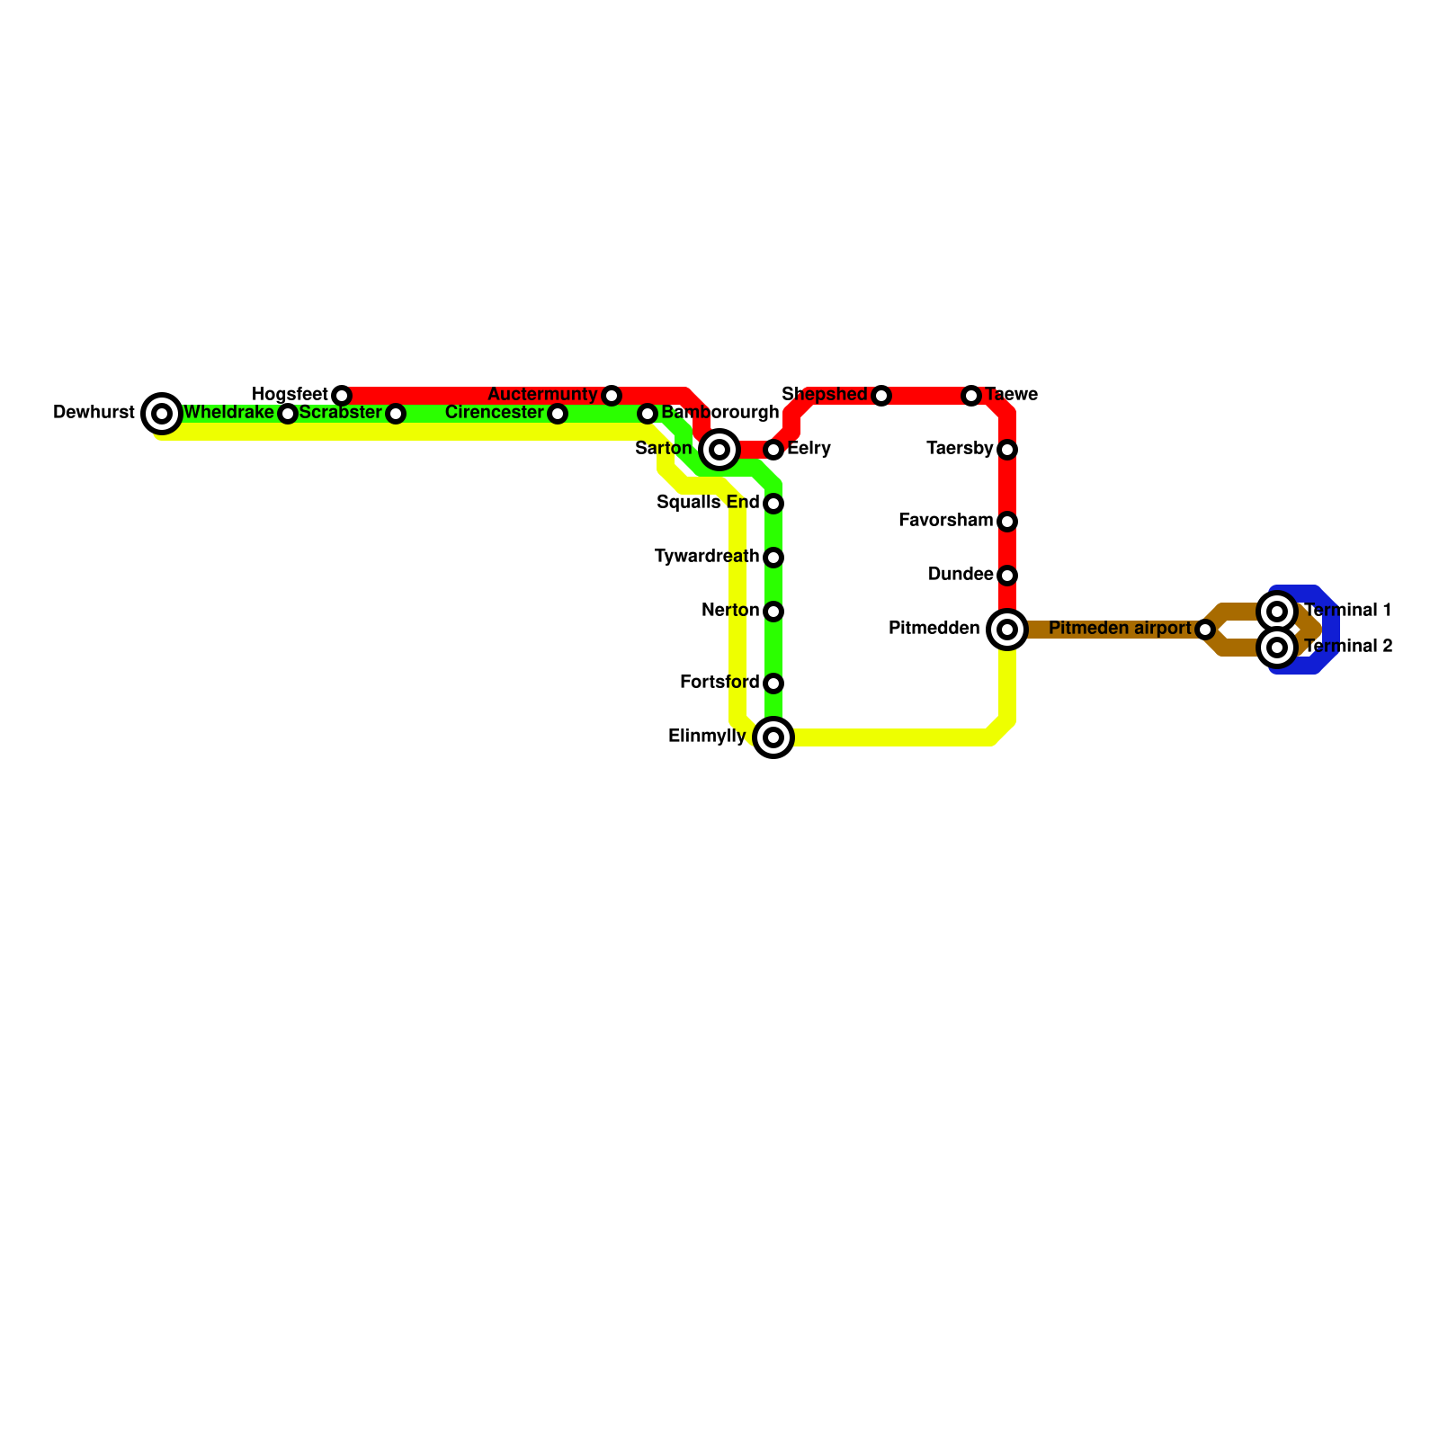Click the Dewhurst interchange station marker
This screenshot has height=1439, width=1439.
(162, 414)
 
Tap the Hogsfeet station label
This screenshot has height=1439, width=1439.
(290, 395)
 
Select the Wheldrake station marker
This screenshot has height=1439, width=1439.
(288, 414)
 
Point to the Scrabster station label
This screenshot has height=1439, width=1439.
(340, 413)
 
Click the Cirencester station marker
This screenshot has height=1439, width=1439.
(558, 414)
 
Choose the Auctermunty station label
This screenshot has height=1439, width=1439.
(542, 395)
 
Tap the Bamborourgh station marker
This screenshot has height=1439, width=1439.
(648, 414)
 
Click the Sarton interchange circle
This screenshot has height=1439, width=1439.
(719, 450)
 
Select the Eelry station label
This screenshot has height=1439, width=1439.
(809, 449)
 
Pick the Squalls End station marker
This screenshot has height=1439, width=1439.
(773, 504)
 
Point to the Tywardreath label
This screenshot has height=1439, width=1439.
(707, 557)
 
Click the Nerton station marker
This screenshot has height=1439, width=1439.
(773, 612)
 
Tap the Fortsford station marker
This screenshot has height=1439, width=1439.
(773, 684)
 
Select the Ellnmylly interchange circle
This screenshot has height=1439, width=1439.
(773, 737)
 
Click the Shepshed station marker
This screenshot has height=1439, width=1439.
(881, 396)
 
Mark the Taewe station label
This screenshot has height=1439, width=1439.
(1011, 395)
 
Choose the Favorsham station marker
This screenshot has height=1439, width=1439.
(1007, 522)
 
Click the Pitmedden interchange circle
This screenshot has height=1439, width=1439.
(1007, 630)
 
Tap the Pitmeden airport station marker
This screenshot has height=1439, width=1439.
(1205, 630)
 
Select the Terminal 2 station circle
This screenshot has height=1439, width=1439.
(1277, 648)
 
